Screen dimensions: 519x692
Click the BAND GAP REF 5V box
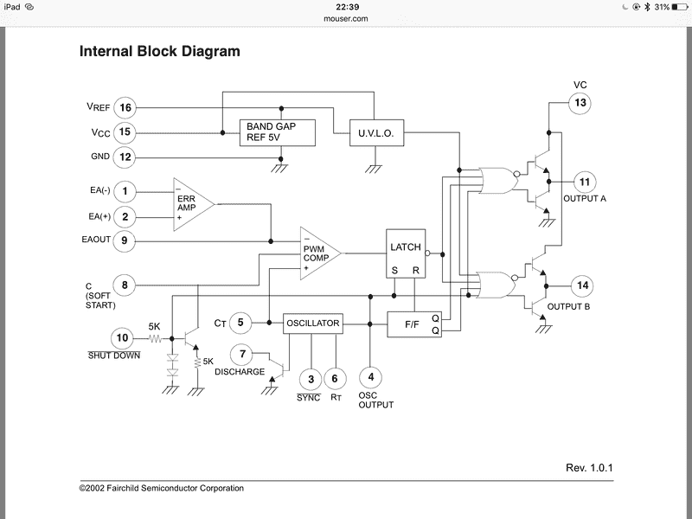pos(277,133)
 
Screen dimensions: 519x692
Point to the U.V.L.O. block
pos(375,133)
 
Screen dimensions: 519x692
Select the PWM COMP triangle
pos(317,253)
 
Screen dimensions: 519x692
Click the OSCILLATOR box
pos(313,324)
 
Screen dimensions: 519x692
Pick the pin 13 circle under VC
pos(580,103)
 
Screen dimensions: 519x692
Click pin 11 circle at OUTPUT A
pos(585,183)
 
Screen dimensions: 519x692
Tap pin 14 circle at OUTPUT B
pos(582,285)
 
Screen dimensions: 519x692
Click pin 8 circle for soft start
pos(124,284)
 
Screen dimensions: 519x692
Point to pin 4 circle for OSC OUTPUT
pos(370,377)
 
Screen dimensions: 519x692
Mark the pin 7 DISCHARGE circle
pos(243,354)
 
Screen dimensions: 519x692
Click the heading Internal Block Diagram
pos(160,51)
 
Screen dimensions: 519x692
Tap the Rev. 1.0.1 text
pos(590,468)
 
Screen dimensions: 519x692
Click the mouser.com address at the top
pos(346,17)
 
